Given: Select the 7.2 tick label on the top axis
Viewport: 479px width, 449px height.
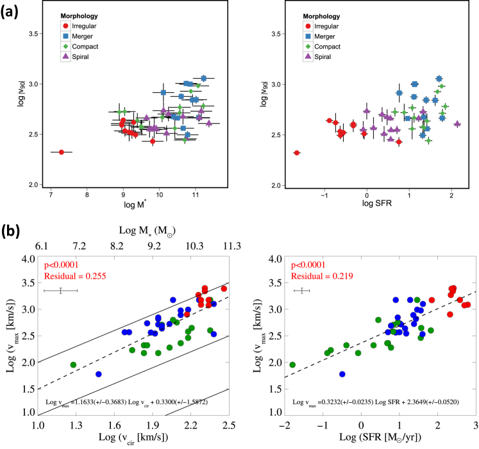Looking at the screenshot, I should (x=79, y=247).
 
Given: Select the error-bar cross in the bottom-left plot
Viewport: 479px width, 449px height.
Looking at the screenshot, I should (x=60, y=291).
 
